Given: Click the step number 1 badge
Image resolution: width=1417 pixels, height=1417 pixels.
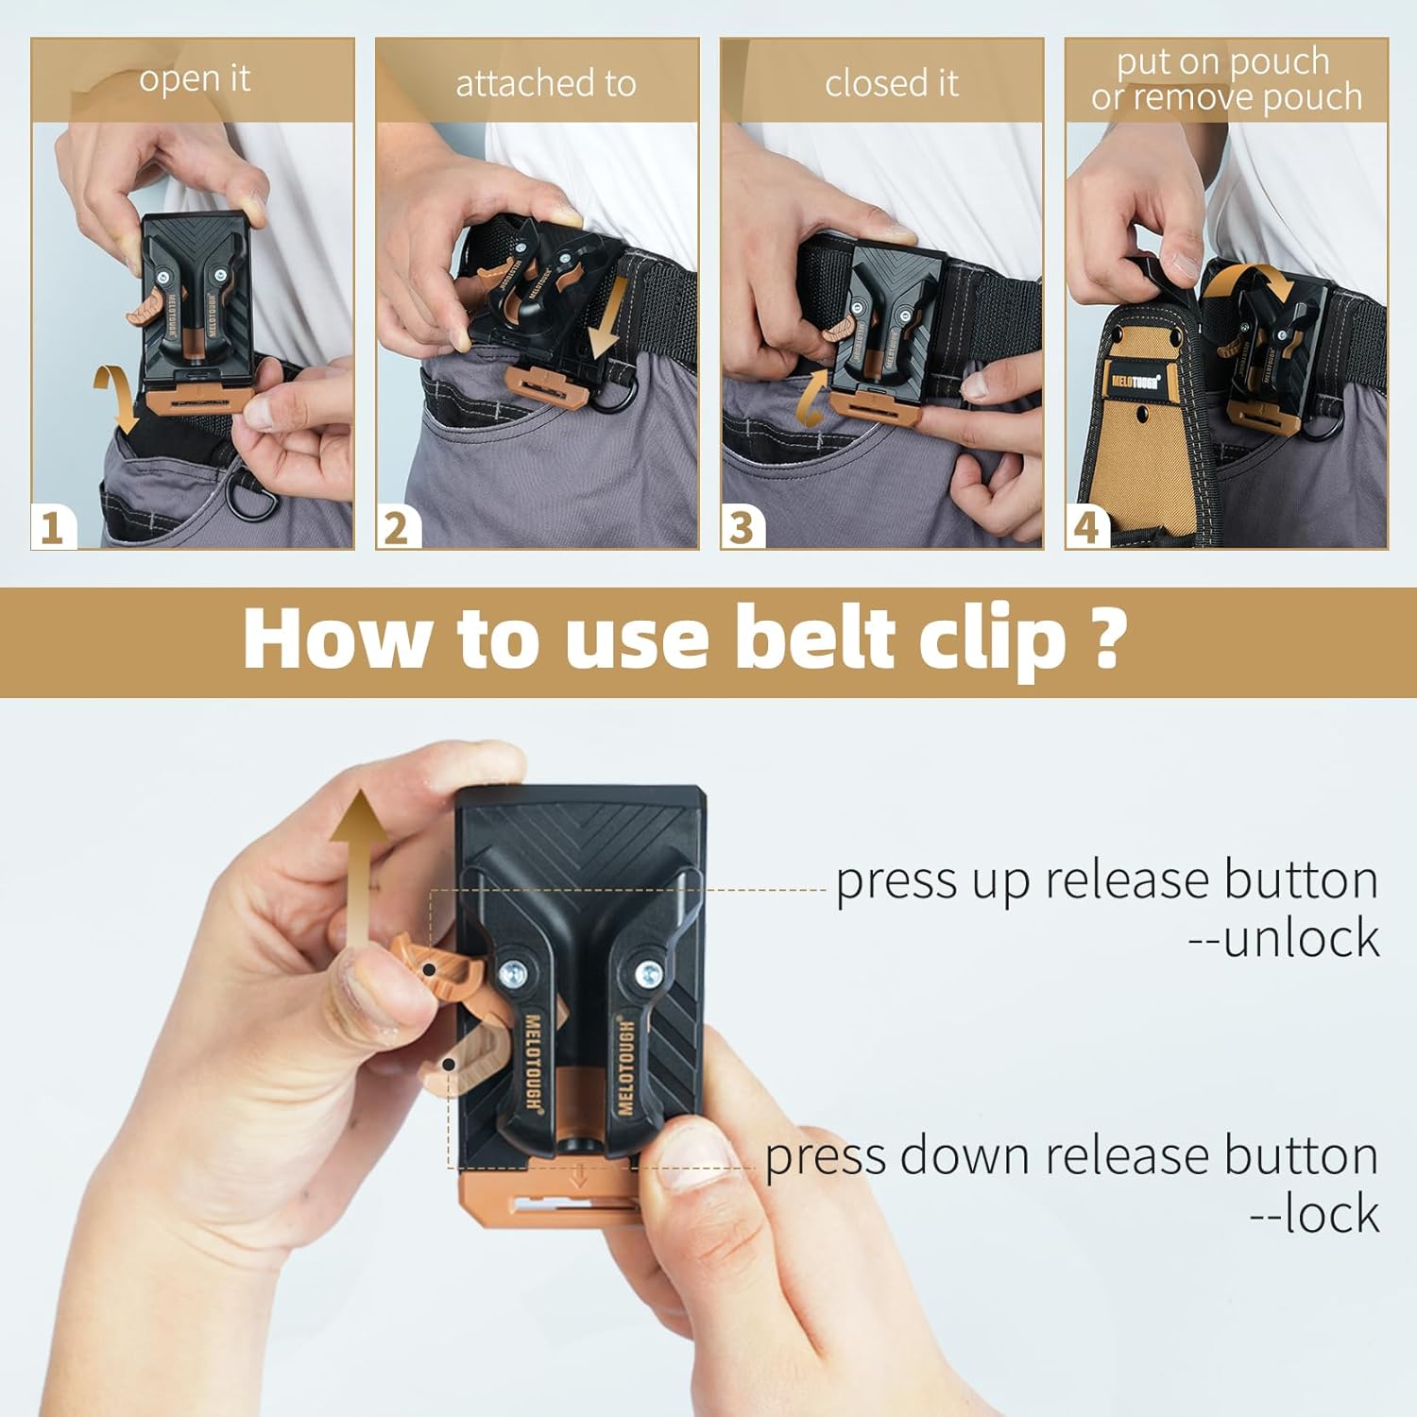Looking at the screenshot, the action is click(x=53, y=526).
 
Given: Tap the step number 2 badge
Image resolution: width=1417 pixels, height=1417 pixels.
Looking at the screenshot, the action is click(x=398, y=526).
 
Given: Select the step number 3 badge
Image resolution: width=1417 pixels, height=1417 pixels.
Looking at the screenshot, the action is click(x=743, y=526).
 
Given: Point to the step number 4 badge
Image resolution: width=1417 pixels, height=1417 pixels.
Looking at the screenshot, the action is click(x=1087, y=526).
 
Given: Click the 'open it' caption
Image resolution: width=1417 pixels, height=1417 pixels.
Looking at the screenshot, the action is click(x=195, y=79).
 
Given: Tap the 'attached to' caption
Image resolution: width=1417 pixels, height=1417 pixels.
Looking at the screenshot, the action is click(x=546, y=84).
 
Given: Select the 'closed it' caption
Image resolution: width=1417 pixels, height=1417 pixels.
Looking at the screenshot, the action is click(x=891, y=84).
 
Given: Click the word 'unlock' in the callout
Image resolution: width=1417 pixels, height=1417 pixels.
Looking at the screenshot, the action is click(x=1301, y=939).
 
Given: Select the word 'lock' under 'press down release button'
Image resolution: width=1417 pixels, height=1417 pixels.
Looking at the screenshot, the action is click(x=1332, y=1214).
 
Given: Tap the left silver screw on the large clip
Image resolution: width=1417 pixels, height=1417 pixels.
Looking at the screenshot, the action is click(x=516, y=972).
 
